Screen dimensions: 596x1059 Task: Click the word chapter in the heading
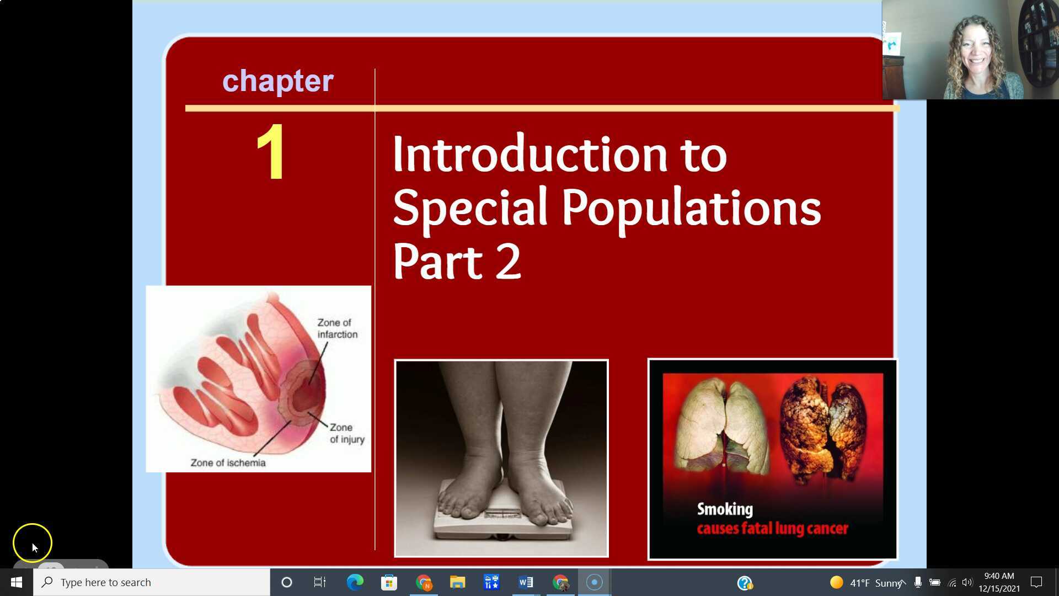pos(277,81)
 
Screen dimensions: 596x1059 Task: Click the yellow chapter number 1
pos(271,152)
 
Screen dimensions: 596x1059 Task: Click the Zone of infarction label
pos(337,328)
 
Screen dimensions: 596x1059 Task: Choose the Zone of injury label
pos(346,433)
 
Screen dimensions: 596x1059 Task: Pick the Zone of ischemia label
pos(228,462)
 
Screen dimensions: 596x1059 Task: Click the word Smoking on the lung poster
pos(724,509)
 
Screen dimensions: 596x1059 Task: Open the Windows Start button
pos(17,582)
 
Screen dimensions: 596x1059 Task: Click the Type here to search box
pos(152,582)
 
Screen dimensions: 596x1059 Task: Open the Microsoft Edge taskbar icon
pos(355,582)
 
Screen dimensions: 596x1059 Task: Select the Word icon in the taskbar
pos(526,582)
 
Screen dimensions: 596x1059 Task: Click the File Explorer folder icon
pos(457,582)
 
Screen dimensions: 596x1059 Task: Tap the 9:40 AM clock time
pos(999,576)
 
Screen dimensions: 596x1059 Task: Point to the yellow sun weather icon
pos(836,582)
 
